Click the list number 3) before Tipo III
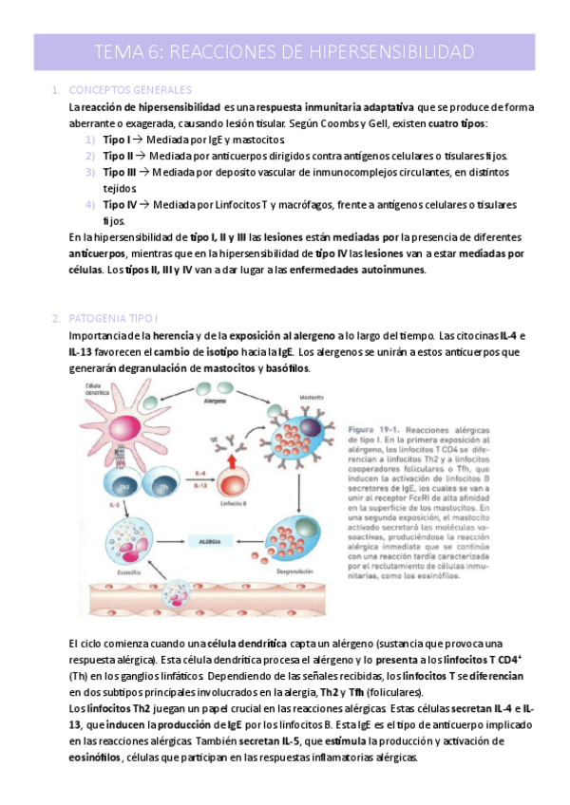[89, 172]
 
